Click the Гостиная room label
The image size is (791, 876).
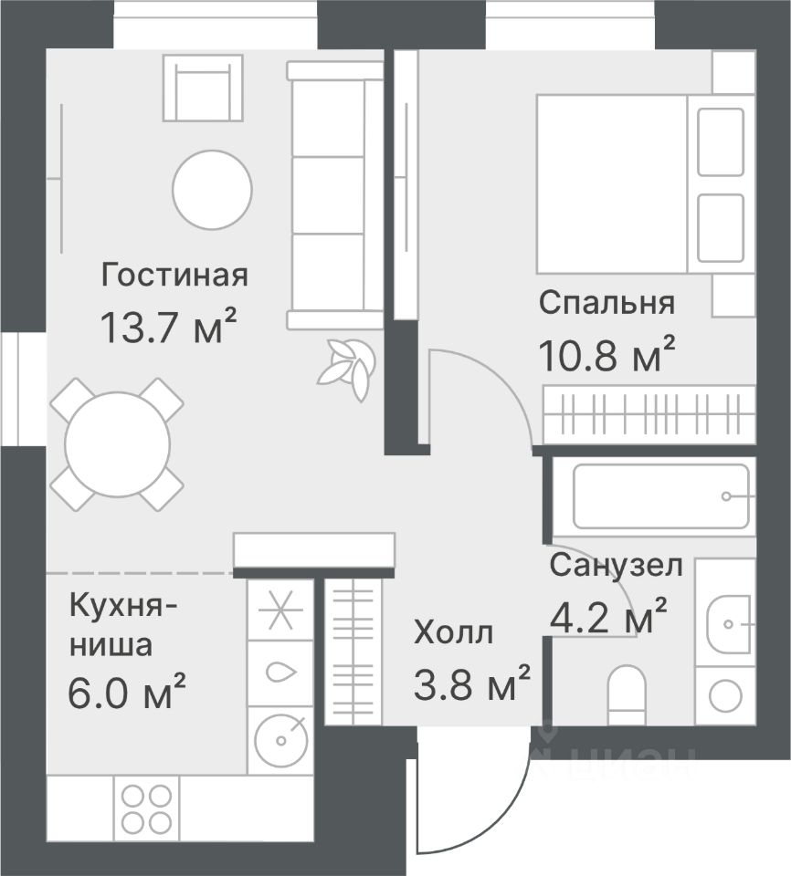click(x=174, y=276)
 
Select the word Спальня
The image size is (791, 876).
click(x=607, y=303)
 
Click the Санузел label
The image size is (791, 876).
click(x=616, y=566)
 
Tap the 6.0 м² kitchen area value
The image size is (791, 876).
click(x=126, y=691)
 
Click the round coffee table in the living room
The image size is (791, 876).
click(x=212, y=190)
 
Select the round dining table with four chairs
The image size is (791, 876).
click(x=117, y=444)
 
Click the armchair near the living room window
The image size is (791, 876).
click(x=203, y=88)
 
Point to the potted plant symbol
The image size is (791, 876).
click(x=345, y=369)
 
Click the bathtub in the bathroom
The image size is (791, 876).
click(x=661, y=496)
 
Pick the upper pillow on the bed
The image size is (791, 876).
click(x=721, y=142)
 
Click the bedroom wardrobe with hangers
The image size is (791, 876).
click(x=649, y=413)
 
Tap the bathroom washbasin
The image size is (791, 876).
click(x=726, y=623)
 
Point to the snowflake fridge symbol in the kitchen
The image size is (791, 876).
click(x=279, y=610)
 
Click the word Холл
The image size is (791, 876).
click(x=454, y=633)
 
